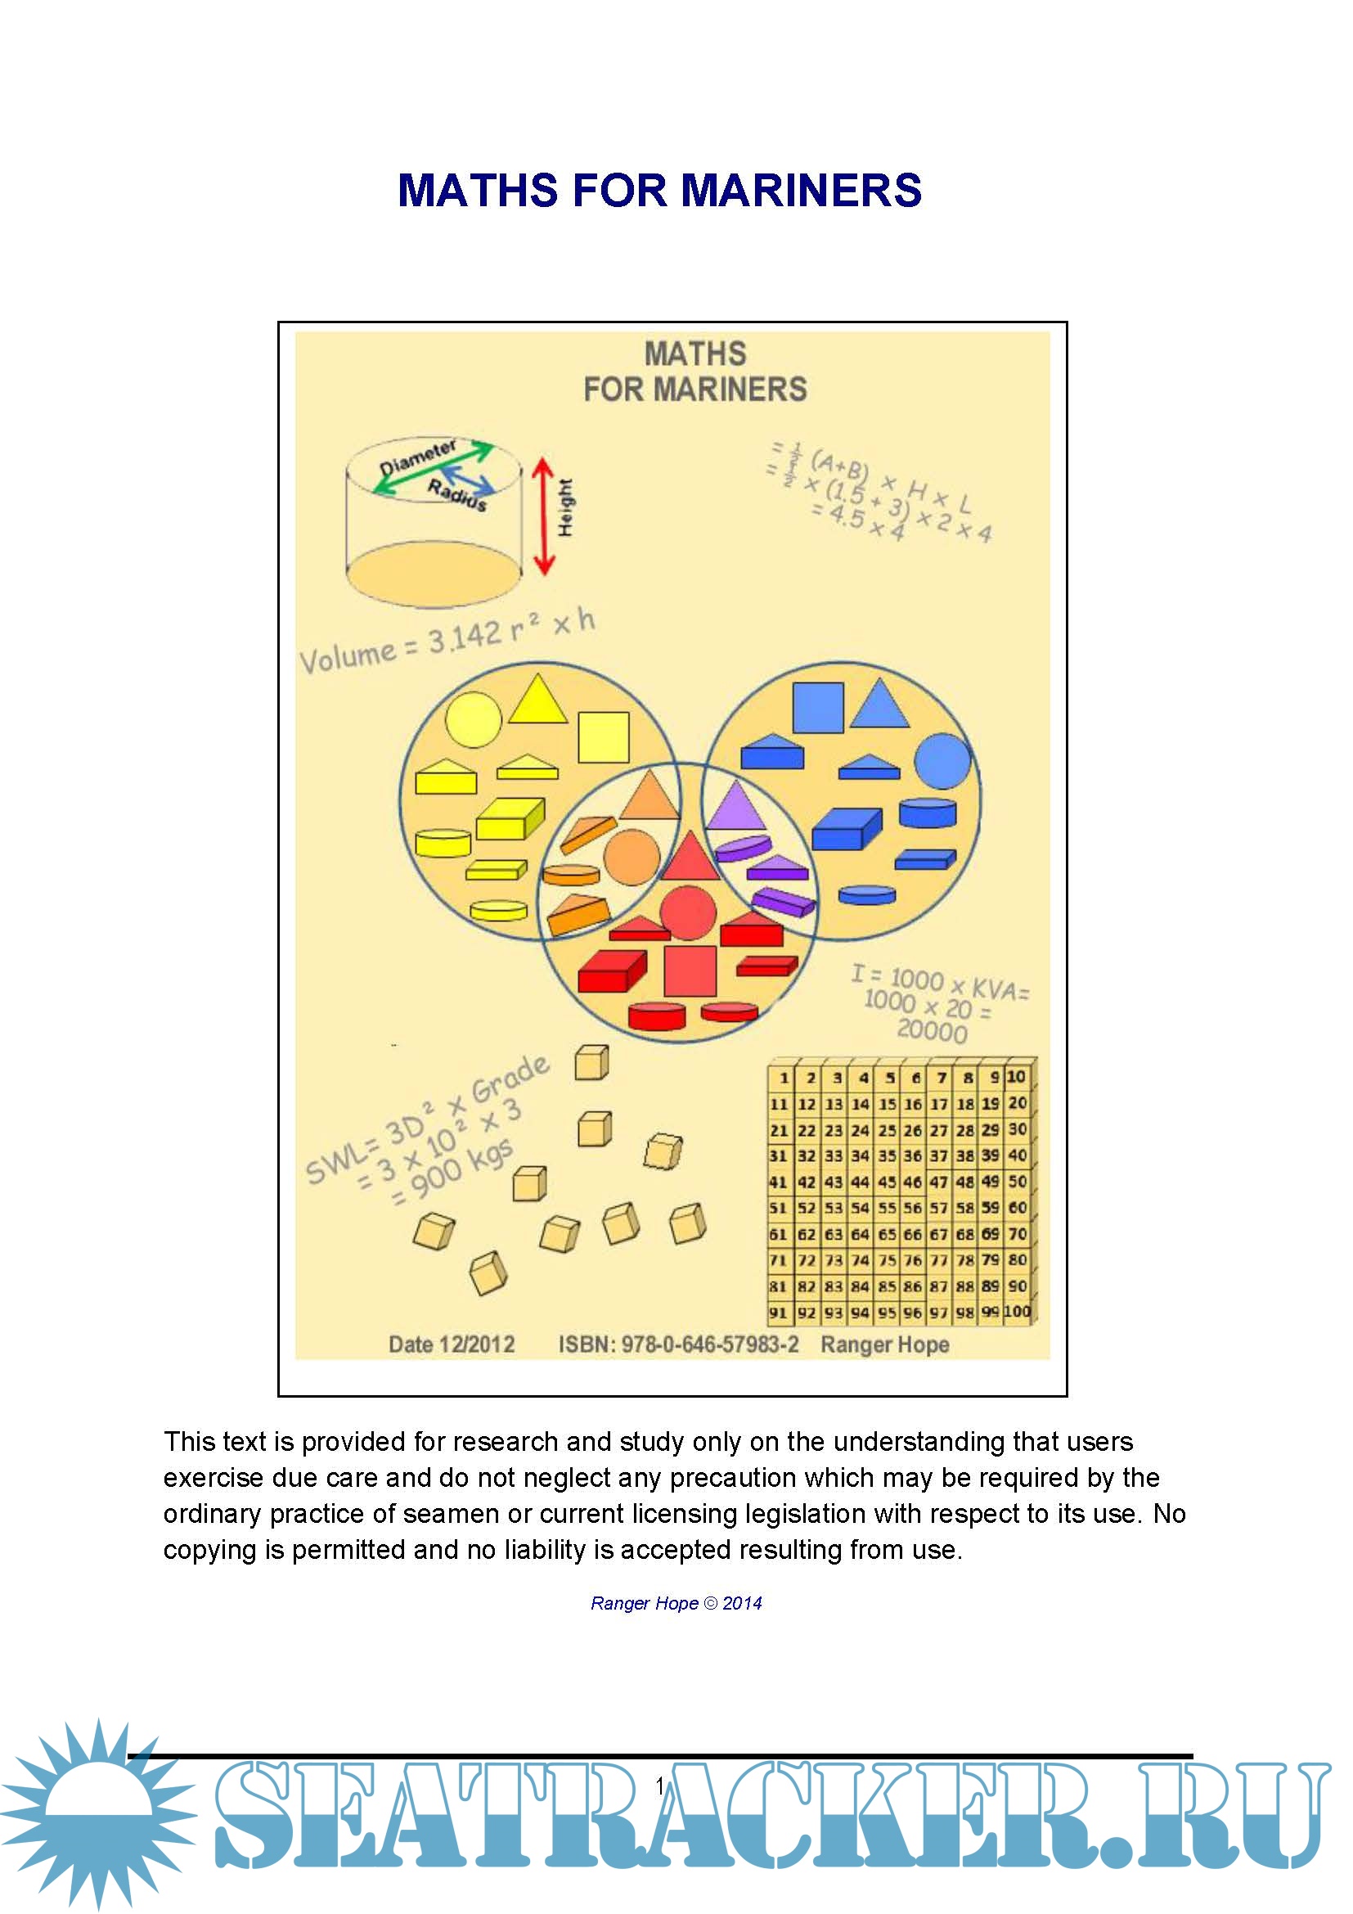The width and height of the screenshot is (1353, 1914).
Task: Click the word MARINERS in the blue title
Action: [802, 191]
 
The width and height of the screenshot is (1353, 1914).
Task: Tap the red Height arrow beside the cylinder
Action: [543, 516]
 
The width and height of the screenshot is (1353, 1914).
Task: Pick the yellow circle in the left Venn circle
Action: [473, 719]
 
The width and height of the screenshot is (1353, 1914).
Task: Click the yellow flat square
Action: [603, 737]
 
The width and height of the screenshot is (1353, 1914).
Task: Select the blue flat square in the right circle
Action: [817, 708]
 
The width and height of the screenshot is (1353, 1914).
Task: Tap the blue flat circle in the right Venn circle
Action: [942, 761]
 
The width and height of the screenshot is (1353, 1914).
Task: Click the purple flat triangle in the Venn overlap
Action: [735, 806]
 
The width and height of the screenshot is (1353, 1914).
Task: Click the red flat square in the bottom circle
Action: [690, 971]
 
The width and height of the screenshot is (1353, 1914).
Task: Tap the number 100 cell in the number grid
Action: [1018, 1311]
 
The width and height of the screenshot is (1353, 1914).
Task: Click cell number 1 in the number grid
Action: [782, 1078]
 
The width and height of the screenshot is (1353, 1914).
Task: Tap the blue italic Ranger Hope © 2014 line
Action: [676, 1603]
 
